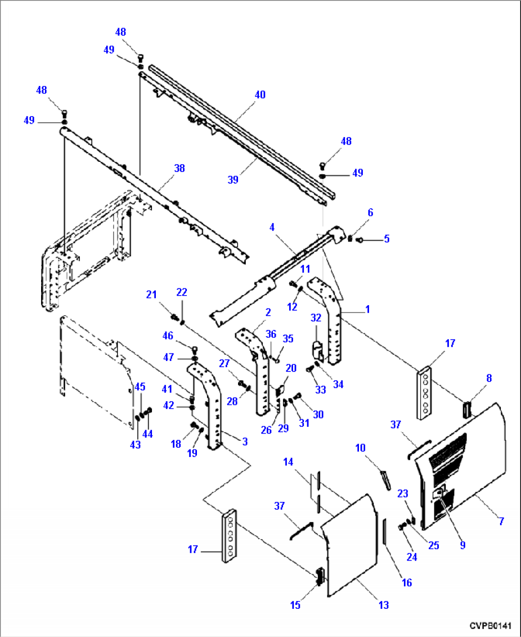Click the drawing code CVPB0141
coord(490,625)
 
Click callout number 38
coord(179,168)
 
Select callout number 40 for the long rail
coord(260,95)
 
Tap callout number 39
coord(233,180)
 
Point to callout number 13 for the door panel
coord(384,605)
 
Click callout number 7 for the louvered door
coord(501,521)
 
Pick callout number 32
coord(316,318)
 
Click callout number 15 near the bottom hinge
coord(295,605)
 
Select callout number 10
coord(360,448)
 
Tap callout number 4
coord(272,227)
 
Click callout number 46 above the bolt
coord(168,336)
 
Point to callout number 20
coord(291,368)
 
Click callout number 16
coord(407,582)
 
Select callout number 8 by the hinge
coord(489,378)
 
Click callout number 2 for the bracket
coord(268,312)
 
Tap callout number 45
coord(140,387)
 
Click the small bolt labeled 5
coord(360,239)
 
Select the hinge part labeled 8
coord(467,409)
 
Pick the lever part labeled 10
coord(385,479)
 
